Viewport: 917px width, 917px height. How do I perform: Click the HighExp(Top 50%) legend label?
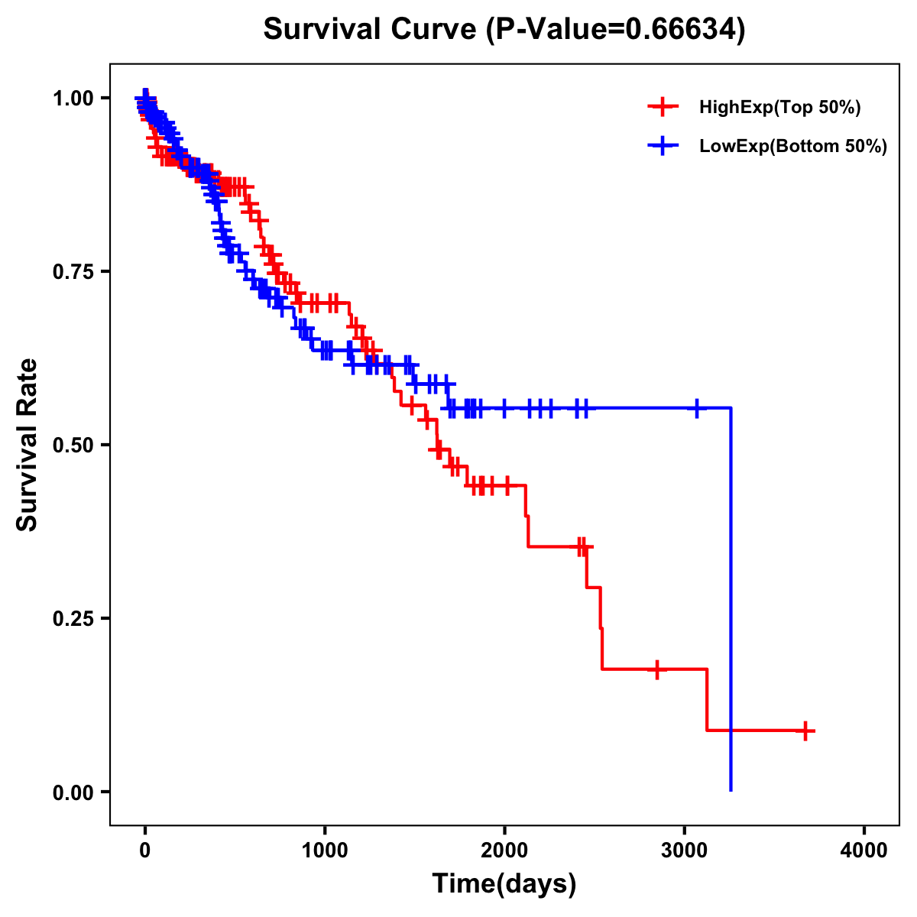779,108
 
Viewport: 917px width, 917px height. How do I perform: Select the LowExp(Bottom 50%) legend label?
792,147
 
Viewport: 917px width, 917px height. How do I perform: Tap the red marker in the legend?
663,108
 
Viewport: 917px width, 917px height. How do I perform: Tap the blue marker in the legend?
663,146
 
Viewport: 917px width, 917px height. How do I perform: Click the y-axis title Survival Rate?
28,444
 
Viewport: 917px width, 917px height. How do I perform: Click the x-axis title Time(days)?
504,883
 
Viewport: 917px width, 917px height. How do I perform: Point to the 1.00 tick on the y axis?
73,98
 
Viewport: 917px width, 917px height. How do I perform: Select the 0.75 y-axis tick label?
73,271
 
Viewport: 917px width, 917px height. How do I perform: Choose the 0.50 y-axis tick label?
73,445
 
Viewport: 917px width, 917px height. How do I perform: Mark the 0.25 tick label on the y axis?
73,618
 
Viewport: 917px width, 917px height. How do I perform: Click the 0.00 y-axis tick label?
73,792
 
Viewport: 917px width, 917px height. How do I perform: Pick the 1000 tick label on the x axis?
325,851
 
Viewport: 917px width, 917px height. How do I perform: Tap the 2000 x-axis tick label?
504,851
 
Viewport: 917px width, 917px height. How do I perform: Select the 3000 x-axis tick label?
685,851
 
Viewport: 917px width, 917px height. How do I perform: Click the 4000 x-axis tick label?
864,851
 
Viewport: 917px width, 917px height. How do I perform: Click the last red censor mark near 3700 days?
805,731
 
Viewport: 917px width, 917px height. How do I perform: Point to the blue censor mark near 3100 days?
696,408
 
